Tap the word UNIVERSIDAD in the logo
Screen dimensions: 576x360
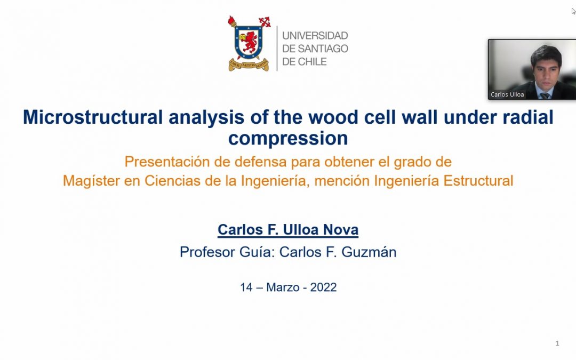(315, 36)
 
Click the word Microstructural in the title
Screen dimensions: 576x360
(93, 117)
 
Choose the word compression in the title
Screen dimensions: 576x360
(288, 139)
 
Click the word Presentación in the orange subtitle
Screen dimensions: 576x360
(167, 162)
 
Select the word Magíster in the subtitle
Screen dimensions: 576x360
(92, 181)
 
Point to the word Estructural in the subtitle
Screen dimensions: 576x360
(478, 181)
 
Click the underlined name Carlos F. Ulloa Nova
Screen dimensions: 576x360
(288, 229)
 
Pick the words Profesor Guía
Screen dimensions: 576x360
(226, 252)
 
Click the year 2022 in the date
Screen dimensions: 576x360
(323, 287)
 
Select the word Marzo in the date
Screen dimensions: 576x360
(283, 287)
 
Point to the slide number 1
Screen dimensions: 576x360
(557, 343)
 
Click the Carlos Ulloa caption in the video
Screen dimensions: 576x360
(507, 94)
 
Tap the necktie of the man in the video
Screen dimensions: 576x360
(545, 96)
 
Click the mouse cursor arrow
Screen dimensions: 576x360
(573, 11)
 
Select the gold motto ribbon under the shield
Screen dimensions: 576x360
(249, 65)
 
